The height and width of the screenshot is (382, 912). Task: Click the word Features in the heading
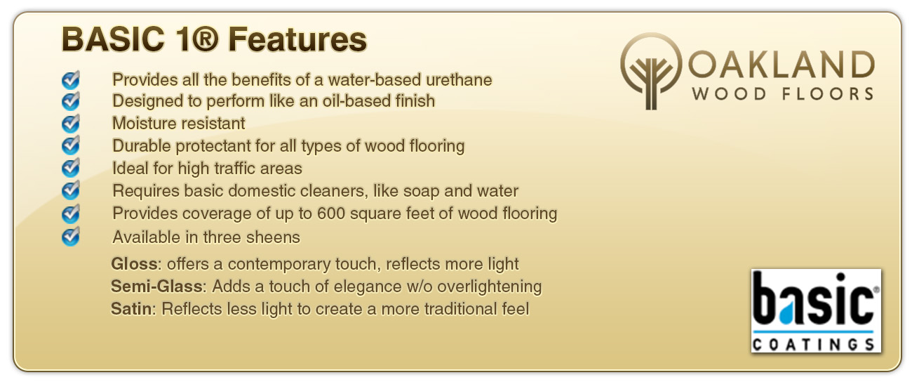[297, 39]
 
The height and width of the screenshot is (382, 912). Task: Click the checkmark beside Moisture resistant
[71, 123]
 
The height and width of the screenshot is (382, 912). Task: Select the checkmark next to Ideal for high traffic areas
[71, 168]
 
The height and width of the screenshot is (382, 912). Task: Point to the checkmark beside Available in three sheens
[71, 237]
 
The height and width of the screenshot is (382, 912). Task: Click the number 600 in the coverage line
[331, 213]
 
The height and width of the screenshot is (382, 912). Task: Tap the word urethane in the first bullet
[459, 80]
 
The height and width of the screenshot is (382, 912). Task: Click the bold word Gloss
[134, 264]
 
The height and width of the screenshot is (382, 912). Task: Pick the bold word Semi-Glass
[156, 286]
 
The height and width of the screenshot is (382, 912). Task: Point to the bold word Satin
[131, 308]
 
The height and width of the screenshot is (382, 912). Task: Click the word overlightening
[490, 286]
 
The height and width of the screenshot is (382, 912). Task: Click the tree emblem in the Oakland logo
[650, 72]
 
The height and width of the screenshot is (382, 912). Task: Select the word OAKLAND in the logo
[781, 65]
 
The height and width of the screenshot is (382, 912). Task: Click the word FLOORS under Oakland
[827, 94]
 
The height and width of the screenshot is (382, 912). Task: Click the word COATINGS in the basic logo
[813, 345]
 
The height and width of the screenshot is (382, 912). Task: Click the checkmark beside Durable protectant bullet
[71, 145]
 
